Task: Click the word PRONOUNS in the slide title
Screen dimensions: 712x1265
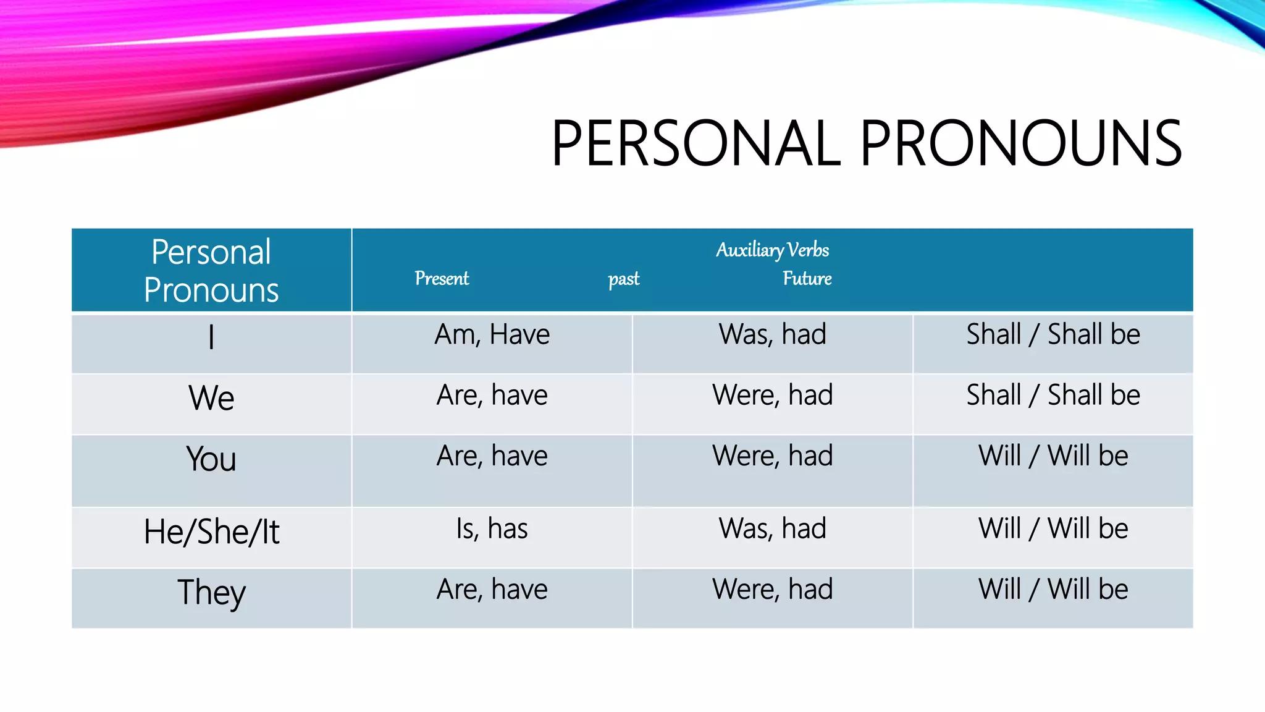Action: (x=1020, y=143)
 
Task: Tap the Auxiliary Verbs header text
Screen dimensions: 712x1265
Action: (x=772, y=250)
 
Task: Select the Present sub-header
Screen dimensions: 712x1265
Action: (x=442, y=279)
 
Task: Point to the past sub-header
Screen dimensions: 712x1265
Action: (x=623, y=279)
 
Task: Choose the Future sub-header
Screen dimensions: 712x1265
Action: (x=807, y=279)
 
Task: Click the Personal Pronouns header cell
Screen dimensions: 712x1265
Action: (x=211, y=271)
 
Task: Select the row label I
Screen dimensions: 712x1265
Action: (x=211, y=337)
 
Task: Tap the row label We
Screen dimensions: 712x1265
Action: (x=211, y=397)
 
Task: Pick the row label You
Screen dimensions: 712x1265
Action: (x=211, y=459)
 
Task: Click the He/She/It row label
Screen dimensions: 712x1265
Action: (x=211, y=532)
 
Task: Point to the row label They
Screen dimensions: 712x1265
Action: (x=211, y=592)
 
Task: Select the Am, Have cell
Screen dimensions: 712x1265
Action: (x=492, y=334)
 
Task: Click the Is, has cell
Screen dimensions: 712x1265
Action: (x=492, y=529)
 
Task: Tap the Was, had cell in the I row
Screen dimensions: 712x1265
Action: (x=772, y=334)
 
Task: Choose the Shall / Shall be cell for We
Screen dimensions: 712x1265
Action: (x=1053, y=395)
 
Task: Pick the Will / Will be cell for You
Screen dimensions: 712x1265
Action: (x=1053, y=456)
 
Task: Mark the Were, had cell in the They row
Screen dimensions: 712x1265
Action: (x=772, y=589)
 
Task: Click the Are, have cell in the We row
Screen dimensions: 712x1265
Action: (x=492, y=395)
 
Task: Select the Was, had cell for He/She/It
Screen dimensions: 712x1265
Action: (x=772, y=529)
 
